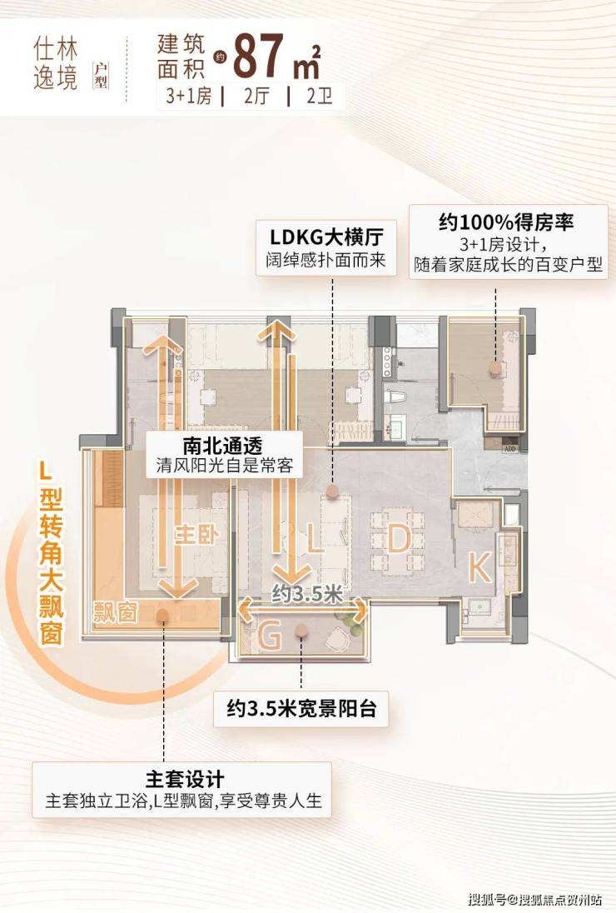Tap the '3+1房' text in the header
189,96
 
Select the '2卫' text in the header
320,96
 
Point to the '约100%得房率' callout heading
506,222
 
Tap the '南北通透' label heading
223,446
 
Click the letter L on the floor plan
314,538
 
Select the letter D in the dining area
399,538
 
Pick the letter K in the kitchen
479,567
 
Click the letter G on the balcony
269,636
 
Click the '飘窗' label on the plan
115,612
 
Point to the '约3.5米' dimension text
308,594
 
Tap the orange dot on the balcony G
301,630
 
